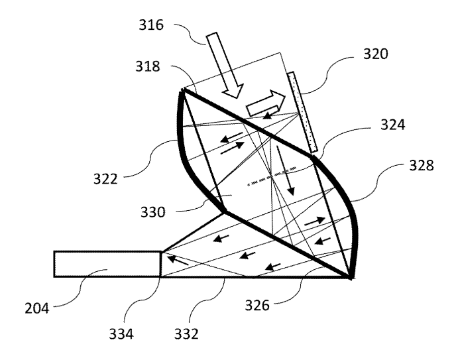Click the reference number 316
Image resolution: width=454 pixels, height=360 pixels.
[151, 25]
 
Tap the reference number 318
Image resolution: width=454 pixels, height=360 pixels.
[148, 66]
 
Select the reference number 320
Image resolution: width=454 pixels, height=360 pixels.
[376, 54]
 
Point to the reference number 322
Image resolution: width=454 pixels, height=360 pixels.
[105, 179]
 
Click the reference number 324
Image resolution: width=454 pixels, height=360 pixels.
[392, 125]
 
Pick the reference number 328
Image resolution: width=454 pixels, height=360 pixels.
[422, 166]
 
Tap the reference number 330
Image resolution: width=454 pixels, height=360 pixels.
[153, 212]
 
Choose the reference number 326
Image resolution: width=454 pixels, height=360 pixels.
[257, 305]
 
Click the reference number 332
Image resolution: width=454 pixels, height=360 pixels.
[186, 334]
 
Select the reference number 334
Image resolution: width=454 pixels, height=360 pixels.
[121, 334]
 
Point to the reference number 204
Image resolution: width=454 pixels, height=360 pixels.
[36, 308]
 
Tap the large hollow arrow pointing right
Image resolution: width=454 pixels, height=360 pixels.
[266, 103]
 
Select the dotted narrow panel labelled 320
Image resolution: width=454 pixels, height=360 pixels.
[302, 112]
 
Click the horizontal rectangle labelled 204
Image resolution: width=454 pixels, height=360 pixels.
[107, 264]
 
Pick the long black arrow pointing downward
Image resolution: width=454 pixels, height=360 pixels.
[285, 170]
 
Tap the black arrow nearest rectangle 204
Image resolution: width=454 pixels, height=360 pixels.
[178, 260]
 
